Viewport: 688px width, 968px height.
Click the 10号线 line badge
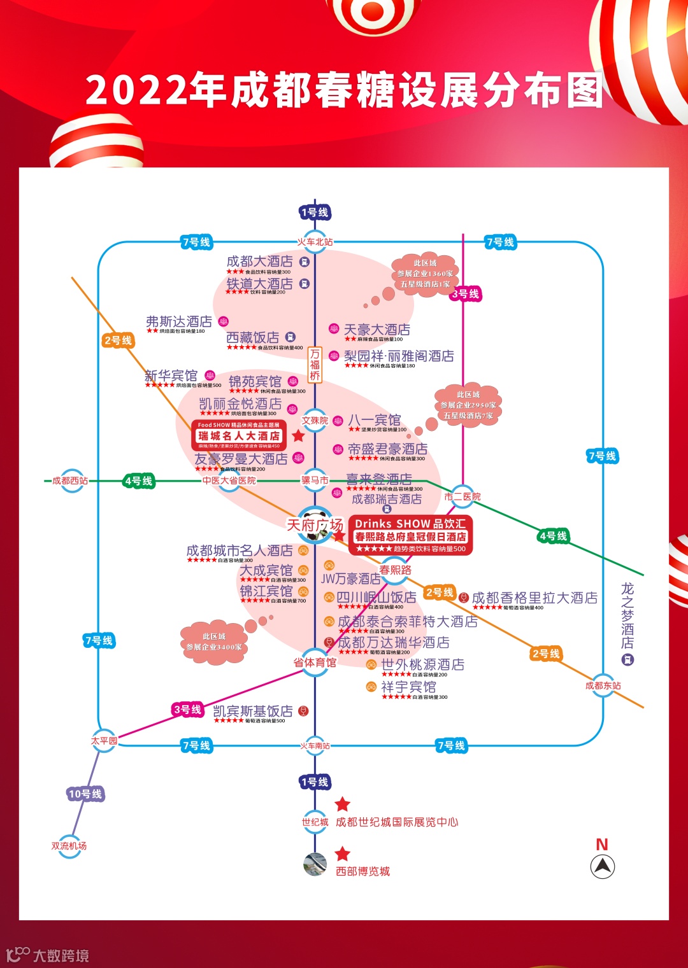pyautogui.click(x=85, y=794)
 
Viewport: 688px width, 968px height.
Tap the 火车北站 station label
pyautogui.click(x=315, y=242)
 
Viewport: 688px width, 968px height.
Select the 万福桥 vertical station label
pyautogui.click(x=315, y=365)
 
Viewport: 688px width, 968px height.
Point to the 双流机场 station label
pyautogui.click(x=69, y=846)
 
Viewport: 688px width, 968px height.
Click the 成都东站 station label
pyautogui.click(x=603, y=685)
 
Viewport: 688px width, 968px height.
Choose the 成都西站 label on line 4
pyautogui.click(x=70, y=480)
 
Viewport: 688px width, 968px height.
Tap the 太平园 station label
pyautogui.click(x=104, y=741)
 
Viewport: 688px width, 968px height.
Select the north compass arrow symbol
pyautogui.click(x=602, y=866)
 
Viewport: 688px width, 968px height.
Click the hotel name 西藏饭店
pyautogui.click(x=253, y=337)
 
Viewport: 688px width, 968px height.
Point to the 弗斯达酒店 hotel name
pyautogui.click(x=179, y=321)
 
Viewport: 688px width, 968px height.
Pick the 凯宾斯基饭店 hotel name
pyautogui.click(x=253, y=711)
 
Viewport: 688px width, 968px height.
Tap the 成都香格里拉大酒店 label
pyautogui.click(x=534, y=598)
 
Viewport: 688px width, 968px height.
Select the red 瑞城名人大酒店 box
pyautogui.click(x=239, y=435)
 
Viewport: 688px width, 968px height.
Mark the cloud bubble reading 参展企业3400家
pyautogui.click(x=214, y=642)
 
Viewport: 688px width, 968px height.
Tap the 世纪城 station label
pyautogui.click(x=315, y=822)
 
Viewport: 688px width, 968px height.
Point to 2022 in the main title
pyautogui.click(x=137, y=90)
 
